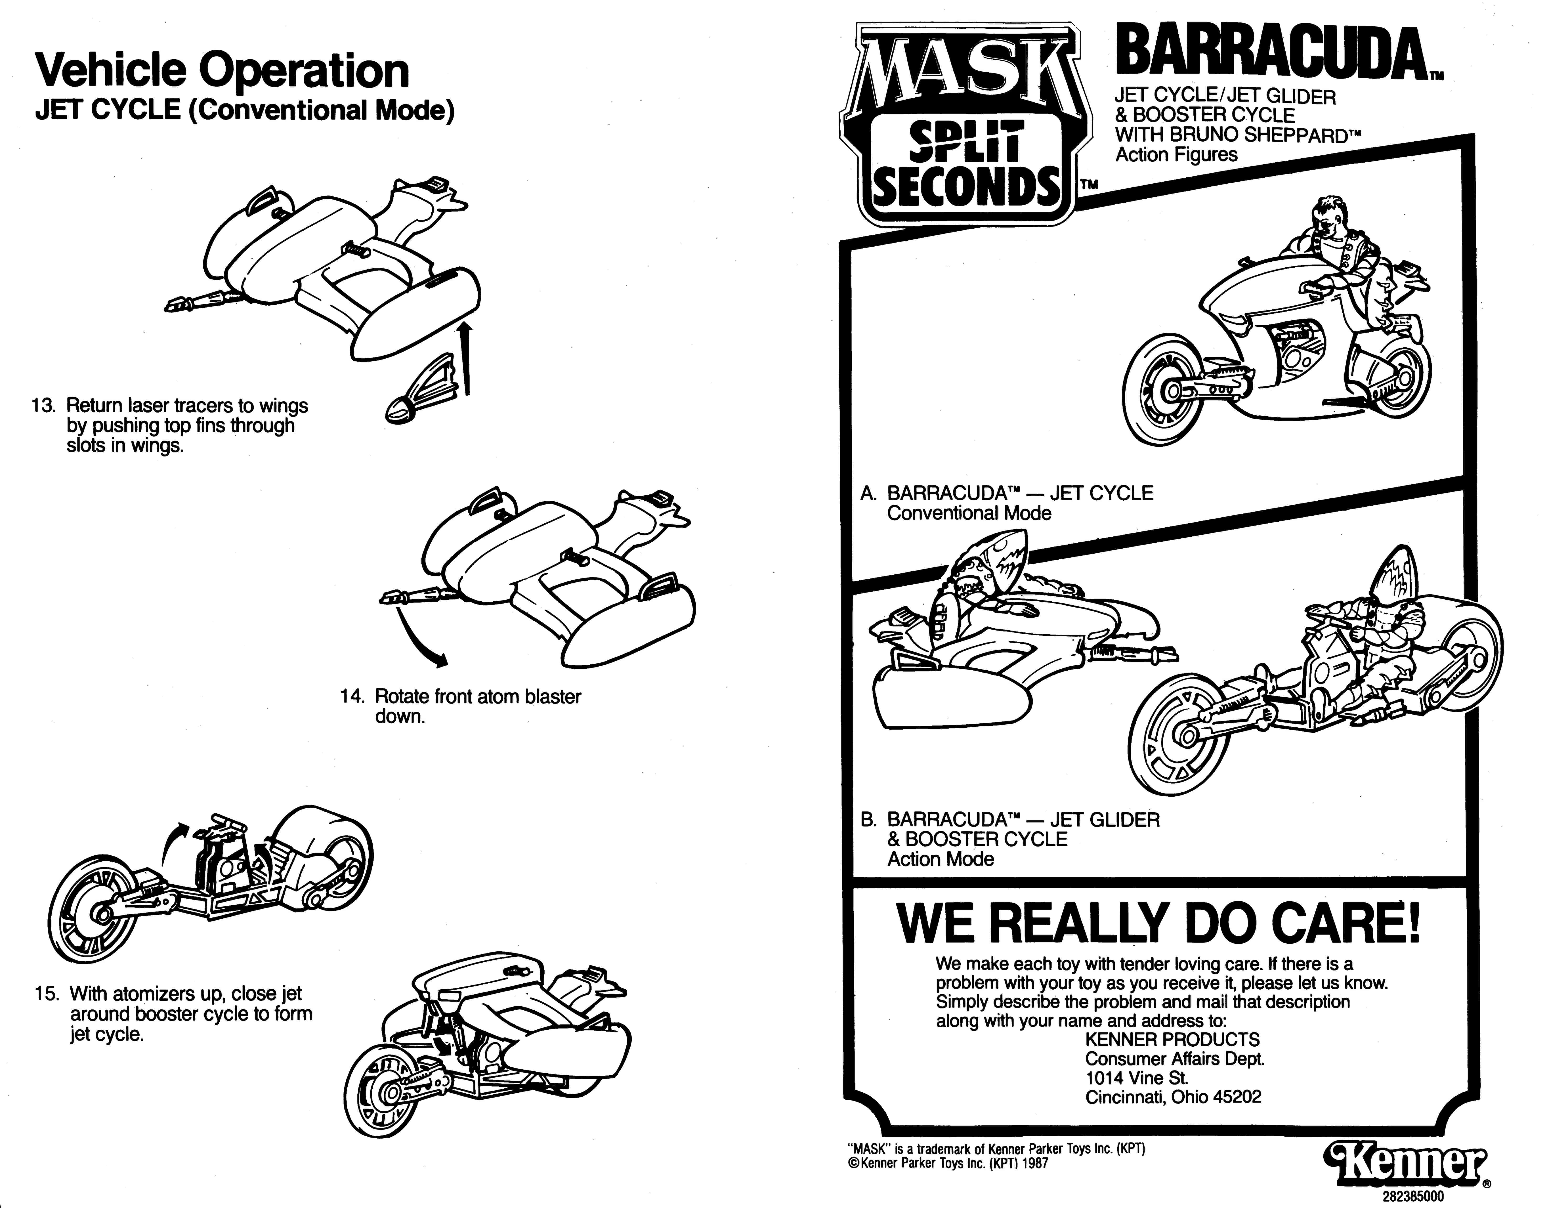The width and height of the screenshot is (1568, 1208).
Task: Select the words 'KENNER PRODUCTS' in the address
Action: (x=1172, y=1039)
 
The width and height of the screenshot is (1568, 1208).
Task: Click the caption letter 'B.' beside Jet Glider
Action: (x=869, y=820)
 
